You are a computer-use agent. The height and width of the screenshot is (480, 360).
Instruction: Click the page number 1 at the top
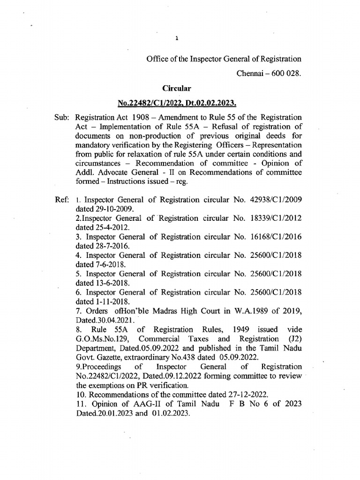[x=177, y=39]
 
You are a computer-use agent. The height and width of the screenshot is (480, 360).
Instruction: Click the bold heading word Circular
[x=177, y=88]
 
